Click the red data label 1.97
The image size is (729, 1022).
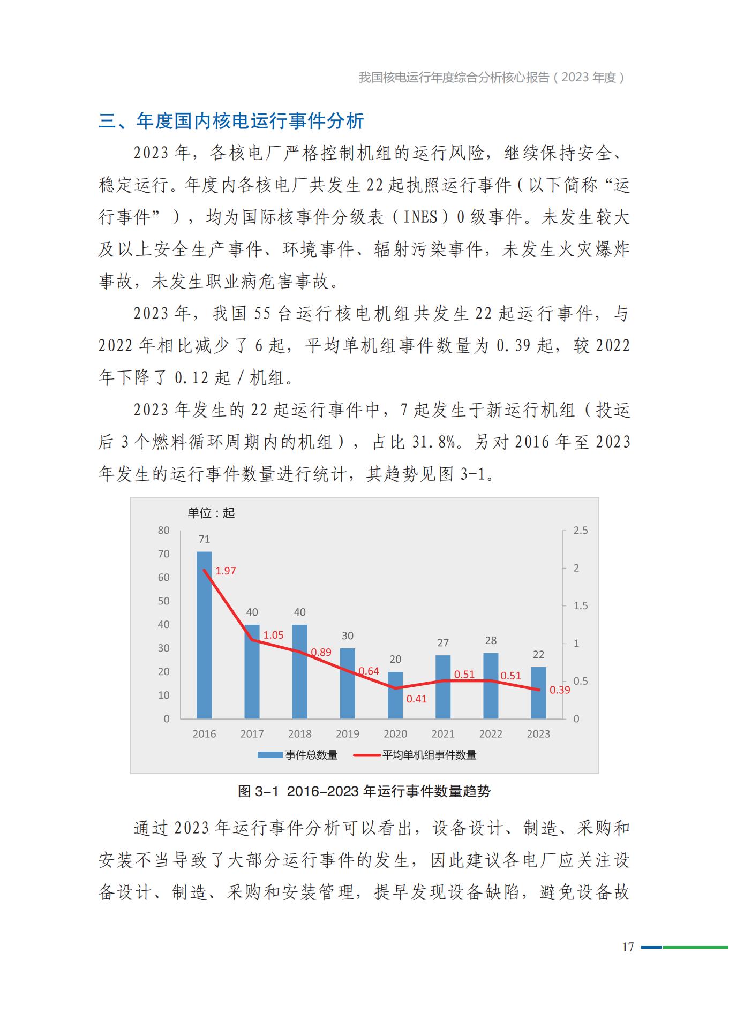tap(226, 571)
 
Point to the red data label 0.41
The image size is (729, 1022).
tap(416, 699)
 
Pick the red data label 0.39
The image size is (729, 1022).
tap(560, 690)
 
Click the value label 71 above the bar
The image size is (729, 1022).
tap(204, 539)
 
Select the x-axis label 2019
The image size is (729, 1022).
tap(348, 734)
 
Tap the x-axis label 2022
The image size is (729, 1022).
tap(491, 734)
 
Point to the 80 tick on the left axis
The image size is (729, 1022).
tap(163, 531)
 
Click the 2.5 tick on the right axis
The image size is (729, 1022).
tap(580, 531)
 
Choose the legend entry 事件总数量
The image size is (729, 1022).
tap(311, 755)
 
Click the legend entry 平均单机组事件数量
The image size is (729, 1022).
tap(429, 755)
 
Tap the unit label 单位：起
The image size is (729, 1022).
tap(211, 513)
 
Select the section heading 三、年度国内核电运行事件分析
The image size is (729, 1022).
tap(231, 121)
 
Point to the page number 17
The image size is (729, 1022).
tap(628, 947)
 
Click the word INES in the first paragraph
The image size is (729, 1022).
tap(420, 217)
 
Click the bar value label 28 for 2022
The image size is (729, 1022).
tap(491, 640)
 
